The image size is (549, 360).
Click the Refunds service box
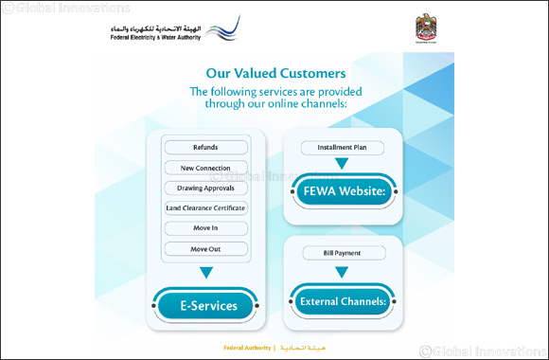[205, 148]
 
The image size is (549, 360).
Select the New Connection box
[205, 168]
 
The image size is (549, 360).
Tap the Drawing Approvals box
[205, 188]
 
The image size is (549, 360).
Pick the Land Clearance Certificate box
[205, 207]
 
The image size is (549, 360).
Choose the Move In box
[205, 228]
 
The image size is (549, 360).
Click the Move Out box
[205, 248]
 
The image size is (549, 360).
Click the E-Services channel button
[206, 306]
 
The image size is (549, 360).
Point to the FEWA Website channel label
[342, 192]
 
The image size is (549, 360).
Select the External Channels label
[342, 301]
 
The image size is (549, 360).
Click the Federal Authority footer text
[247, 348]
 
